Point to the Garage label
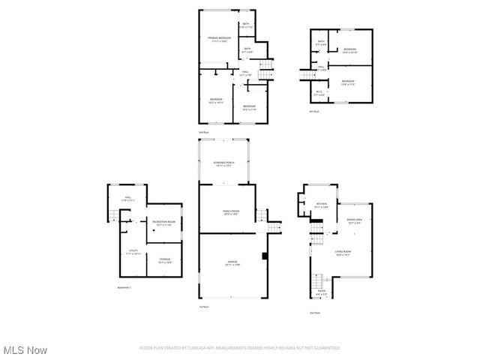(232, 263)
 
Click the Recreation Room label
(163, 223)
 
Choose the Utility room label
(133, 253)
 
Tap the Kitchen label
(322, 205)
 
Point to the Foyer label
(322, 293)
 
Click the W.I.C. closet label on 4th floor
(319, 94)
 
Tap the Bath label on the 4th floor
(321, 43)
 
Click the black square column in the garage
(263, 256)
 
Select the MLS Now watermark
(24, 350)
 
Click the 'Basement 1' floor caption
(124, 288)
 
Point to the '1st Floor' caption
(203, 307)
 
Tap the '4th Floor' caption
(314, 111)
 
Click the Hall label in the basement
(128, 199)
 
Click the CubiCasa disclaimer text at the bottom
(239, 348)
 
